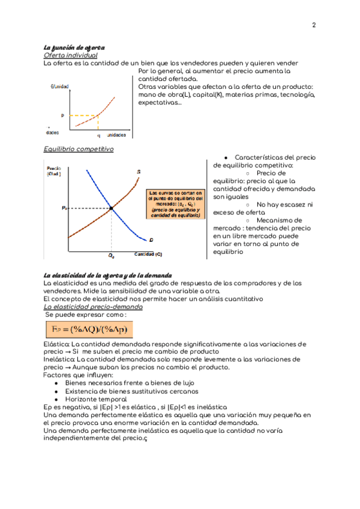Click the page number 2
(x=314, y=25)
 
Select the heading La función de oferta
(x=75, y=47)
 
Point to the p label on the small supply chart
(x=62, y=115)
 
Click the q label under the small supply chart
(x=98, y=136)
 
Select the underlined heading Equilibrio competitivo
(x=79, y=149)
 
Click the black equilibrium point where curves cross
(x=112, y=209)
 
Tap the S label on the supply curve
(x=139, y=172)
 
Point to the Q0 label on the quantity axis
(x=112, y=255)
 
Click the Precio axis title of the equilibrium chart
(x=54, y=170)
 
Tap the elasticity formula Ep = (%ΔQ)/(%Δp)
(x=89, y=330)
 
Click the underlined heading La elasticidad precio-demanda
(x=93, y=306)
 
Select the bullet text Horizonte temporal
(x=96, y=399)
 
